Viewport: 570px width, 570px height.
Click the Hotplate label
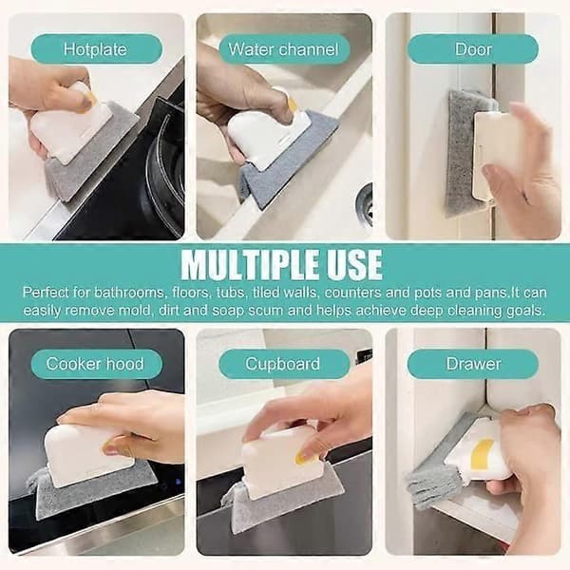click(x=96, y=49)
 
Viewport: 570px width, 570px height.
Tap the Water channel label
click(x=284, y=49)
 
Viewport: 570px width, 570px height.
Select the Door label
click(x=472, y=49)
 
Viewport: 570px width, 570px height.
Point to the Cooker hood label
click(x=96, y=364)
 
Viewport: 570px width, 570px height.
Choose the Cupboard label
click(x=284, y=364)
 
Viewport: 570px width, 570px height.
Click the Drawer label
click(x=472, y=364)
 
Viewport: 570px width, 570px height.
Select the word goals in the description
click(x=525, y=312)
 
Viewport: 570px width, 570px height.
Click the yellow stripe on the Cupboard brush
click(x=305, y=454)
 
